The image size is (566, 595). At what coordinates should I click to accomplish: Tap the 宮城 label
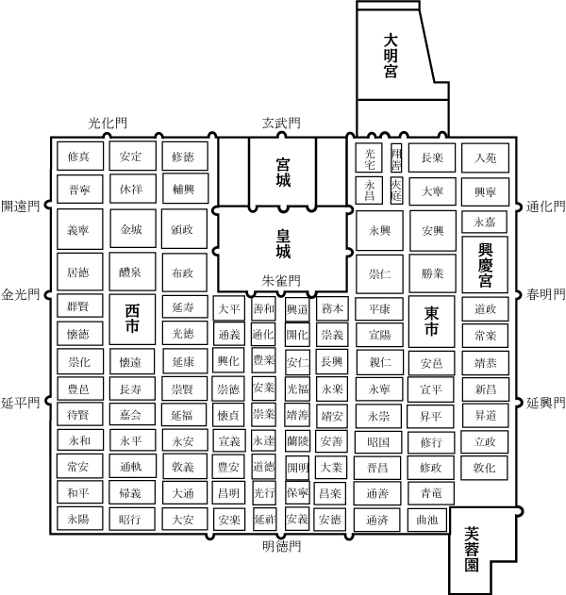(x=282, y=172)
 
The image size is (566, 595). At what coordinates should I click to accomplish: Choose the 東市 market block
(x=431, y=321)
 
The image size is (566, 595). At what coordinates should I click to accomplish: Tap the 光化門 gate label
(x=107, y=124)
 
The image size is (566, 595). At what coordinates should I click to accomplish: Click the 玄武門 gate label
(x=281, y=124)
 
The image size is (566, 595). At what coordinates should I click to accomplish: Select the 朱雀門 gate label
(x=281, y=281)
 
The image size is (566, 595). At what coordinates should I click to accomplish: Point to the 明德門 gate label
(x=281, y=546)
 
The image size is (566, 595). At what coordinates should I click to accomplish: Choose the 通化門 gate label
(x=545, y=207)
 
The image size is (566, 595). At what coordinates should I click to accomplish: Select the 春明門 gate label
(x=545, y=294)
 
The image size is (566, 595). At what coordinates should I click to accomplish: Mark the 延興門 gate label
(x=545, y=403)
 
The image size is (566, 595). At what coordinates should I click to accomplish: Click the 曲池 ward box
(x=426, y=519)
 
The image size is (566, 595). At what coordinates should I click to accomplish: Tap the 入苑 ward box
(x=485, y=157)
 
